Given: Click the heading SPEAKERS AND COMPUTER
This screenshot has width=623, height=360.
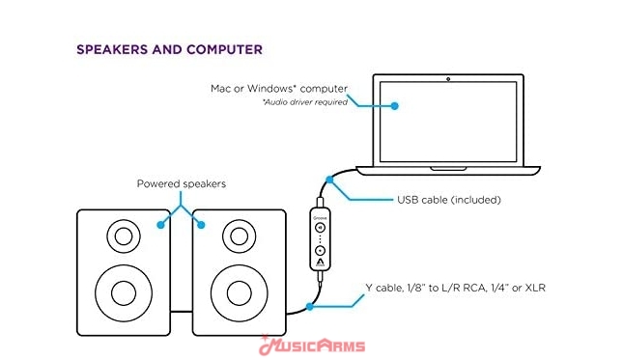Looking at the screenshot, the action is [170, 49].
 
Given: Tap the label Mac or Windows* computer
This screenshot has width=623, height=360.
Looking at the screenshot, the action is [279, 89].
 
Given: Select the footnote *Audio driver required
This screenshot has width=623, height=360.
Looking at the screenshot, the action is [305, 102].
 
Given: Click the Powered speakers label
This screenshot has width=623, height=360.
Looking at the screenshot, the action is [182, 183].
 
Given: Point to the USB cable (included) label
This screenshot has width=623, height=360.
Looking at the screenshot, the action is [449, 200].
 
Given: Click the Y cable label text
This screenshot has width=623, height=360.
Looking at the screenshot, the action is [455, 288].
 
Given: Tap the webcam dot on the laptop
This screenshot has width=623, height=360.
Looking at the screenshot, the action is [448, 79].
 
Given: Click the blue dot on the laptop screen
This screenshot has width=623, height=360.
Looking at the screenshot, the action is [394, 106].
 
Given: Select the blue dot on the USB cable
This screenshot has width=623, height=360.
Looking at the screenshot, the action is [329, 180].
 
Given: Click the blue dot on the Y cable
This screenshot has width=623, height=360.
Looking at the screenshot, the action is [309, 307].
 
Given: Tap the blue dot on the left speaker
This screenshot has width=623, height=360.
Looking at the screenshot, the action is [160, 225].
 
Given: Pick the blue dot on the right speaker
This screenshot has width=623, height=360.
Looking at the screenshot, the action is [201, 225].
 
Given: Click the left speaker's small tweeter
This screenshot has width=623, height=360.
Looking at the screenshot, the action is [124, 236].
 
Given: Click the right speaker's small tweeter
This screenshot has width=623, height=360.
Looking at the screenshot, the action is [240, 236].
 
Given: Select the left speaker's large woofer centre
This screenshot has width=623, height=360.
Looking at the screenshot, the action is [124, 293].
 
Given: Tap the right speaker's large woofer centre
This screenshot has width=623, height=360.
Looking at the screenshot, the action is [240, 293].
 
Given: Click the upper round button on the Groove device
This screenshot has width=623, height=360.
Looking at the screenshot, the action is [320, 228].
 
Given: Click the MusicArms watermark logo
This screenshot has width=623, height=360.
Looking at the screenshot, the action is [312, 346].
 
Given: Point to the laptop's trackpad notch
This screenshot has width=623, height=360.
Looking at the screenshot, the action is [448, 169].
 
